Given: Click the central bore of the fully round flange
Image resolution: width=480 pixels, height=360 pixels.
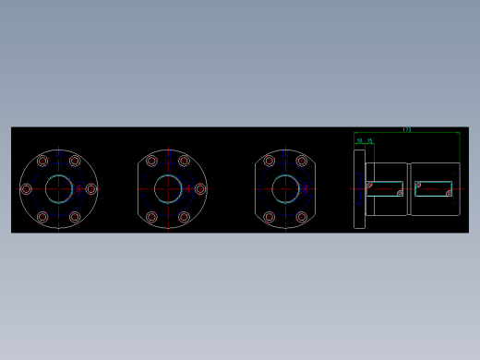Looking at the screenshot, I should [59, 188].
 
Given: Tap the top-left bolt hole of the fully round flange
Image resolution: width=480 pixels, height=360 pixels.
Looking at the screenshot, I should [42, 161].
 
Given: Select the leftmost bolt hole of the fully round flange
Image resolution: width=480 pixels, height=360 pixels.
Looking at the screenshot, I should [26, 188].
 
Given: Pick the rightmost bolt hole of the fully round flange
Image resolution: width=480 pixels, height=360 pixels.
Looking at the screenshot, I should [90, 188].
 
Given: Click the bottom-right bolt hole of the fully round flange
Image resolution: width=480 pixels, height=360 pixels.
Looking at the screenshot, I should [75, 217].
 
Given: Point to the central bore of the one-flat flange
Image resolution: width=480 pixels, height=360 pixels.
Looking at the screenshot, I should [168, 188].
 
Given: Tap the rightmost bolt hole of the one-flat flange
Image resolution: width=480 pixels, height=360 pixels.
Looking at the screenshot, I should [200, 188].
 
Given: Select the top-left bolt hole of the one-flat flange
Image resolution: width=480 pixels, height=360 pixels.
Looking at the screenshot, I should [151, 161].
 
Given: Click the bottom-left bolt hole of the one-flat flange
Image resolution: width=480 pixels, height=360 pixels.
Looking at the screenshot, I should [151, 217].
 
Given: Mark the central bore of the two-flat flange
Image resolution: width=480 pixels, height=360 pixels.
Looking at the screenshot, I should [285, 188].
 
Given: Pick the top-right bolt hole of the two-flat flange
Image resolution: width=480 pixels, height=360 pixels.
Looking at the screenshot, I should [302, 161].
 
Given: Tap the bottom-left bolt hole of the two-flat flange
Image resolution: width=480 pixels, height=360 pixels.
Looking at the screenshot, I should [269, 217].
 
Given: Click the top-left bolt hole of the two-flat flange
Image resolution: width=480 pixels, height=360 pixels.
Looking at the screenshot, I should [269, 161].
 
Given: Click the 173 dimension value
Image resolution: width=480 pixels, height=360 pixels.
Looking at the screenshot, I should [407, 130].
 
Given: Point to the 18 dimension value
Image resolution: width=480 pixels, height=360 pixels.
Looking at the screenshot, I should [359, 141].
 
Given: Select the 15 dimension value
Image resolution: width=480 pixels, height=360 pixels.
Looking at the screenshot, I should [369, 141].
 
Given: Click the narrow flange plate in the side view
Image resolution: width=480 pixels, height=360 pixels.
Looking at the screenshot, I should [359, 188].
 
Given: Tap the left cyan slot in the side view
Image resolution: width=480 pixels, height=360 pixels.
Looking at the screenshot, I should [385, 188].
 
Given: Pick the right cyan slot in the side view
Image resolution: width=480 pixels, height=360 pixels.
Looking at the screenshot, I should [433, 188].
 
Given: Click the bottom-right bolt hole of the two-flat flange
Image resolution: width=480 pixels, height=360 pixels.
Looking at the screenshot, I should [302, 217].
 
